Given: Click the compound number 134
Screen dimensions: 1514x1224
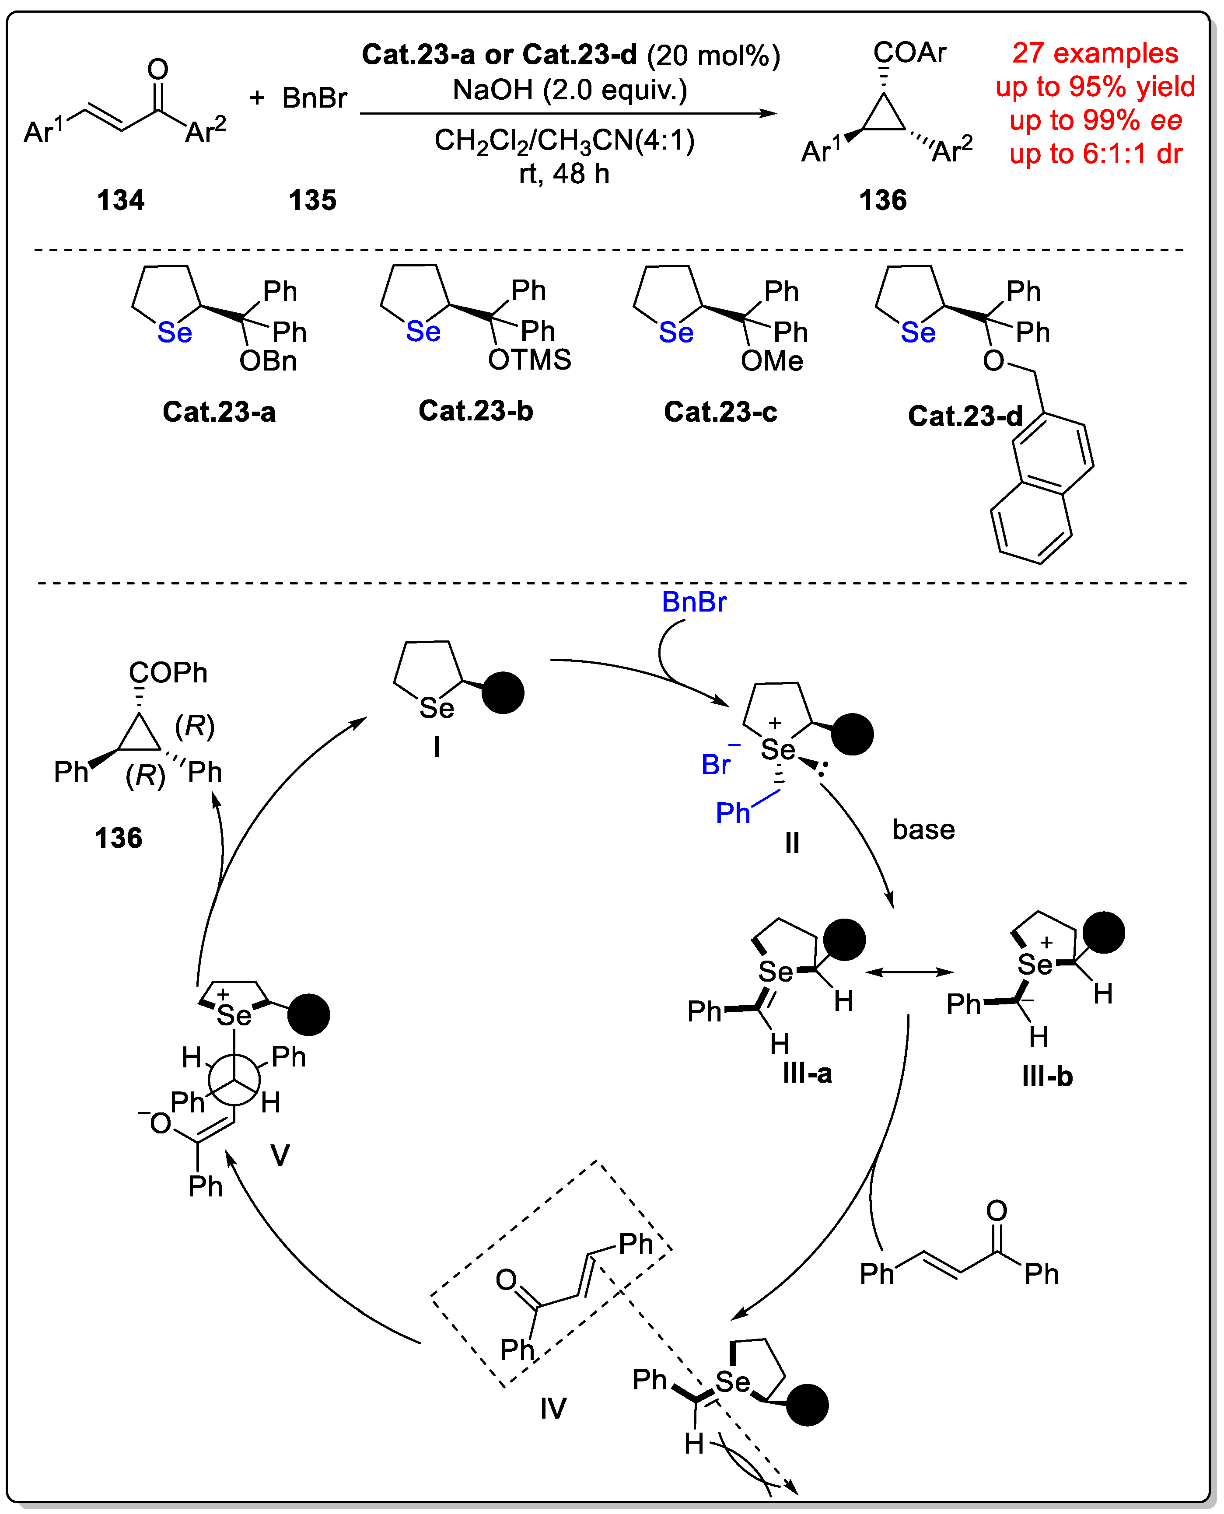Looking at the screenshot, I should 121,200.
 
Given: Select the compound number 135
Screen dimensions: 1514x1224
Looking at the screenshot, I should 312,200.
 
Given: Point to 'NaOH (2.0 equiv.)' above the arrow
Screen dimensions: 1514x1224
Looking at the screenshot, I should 570,90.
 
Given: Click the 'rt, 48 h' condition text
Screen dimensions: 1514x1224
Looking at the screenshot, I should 564,174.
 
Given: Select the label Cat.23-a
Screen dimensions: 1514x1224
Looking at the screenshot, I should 219,412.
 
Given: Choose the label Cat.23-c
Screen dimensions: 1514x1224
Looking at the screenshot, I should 720,412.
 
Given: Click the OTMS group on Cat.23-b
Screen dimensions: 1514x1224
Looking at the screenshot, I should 529,360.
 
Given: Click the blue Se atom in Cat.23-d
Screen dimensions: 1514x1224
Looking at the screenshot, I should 917,333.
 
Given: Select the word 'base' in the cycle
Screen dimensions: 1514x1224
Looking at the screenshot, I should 923,829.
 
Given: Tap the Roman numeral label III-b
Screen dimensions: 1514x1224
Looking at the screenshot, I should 1046,1077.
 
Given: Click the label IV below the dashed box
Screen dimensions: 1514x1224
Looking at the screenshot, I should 553,1408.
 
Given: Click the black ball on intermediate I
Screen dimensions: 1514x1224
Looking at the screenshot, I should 503,692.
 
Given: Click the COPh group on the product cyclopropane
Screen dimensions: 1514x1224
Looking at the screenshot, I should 168,673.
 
